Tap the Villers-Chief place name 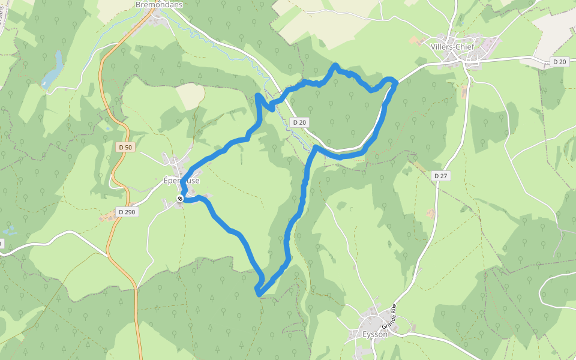tap(452, 46)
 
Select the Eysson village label tap(375, 334)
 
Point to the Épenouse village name tap(182, 180)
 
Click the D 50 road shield tap(125, 147)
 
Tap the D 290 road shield tap(127, 212)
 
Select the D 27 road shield tap(441, 176)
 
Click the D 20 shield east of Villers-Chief tap(559, 61)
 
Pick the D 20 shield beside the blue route tap(299, 122)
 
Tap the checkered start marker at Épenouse tap(179, 199)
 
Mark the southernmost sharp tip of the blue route tap(258, 294)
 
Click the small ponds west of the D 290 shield tap(10, 230)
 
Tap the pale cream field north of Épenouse tap(191, 96)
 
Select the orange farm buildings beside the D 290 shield tap(109, 217)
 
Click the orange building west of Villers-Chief tap(415, 40)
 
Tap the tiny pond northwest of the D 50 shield tap(106, 127)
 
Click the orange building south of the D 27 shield tap(430, 213)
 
